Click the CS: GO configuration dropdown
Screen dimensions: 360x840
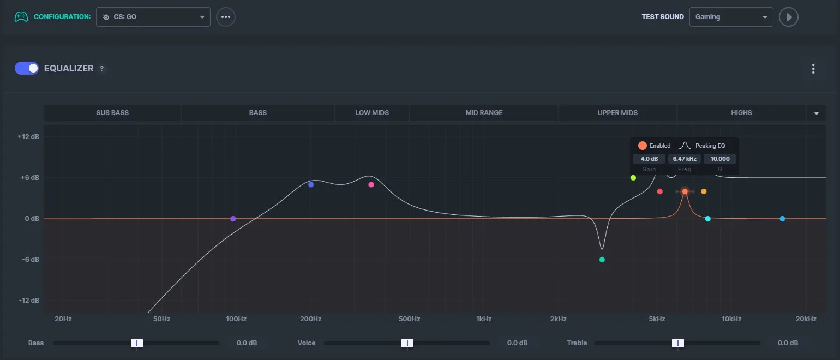pyautogui.click(x=153, y=17)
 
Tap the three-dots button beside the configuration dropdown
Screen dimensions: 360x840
pyautogui.click(x=226, y=17)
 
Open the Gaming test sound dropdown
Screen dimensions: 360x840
pyautogui.click(x=731, y=17)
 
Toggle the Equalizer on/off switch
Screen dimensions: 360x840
pyautogui.click(x=27, y=68)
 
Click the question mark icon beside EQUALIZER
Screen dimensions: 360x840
pyautogui.click(x=101, y=69)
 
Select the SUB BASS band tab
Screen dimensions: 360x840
pyautogui.click(x=112, y=113)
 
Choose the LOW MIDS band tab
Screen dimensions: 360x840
pyautogui.click(x=372, y=113)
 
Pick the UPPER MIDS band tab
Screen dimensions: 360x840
pyautogui.click(x=617, y=113)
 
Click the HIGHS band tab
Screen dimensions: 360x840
pyautogui.click(x=741, y=113)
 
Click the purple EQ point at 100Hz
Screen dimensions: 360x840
pyautogui.click(x=233, y=219)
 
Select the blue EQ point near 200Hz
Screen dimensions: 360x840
pyautogui.click(x=311, y=185)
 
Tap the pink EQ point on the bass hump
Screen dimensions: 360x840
pyautogui.click(x=371, y=185)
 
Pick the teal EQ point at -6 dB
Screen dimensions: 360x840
pyautogui.click(x=602, y=260)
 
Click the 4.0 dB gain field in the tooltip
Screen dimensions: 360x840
pyautogui.click(x=649, y=159)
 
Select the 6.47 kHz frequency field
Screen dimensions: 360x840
pyautogui.click(x=684, y=159)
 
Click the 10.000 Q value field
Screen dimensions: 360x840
pyautogui.click(x=719, y=159)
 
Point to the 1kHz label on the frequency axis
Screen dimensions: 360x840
pyautogui.click(x=483, y=319)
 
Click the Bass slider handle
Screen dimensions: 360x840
pyautogui.click(x=137, y=343)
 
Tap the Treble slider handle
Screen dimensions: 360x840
pyautogui.click(x=677, y=343)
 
